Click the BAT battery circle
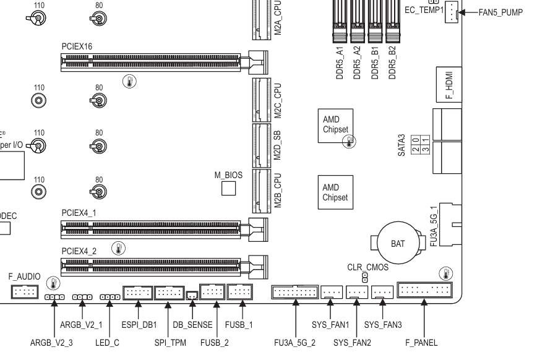pos(398,244)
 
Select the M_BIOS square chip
pos(229,188)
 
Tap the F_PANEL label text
pos(421,342)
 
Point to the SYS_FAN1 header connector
pos(332,291)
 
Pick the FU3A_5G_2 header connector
pos(294,291)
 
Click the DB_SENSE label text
pos(192,325)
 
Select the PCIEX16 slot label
pos(77,46)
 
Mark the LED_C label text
pos(108,342)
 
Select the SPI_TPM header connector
pos(168,292)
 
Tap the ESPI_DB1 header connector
pos(137,292)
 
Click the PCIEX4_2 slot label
pos(79,251)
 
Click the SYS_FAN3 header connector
pos(382,291)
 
